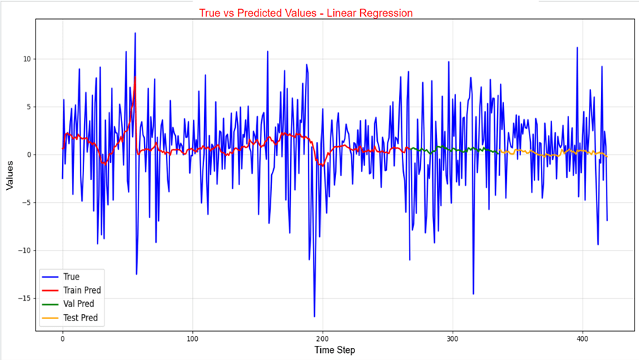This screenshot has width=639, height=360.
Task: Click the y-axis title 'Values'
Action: (x=10, y=174)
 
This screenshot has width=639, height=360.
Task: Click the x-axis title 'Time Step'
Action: (x=335, y=350)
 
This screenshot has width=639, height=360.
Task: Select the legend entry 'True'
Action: (x=71, y=277)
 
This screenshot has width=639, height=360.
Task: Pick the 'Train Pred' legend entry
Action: (x=81, y=290)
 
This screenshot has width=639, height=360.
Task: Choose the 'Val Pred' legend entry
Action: (x=78, y=304)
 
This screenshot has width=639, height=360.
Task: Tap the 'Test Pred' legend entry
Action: (x=80, y=318)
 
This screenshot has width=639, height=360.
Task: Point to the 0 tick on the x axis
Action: (x=62, y=338)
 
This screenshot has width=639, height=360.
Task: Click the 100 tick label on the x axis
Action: (x=193, y=338)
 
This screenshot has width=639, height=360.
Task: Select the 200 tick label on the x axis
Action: (x=323, y=338)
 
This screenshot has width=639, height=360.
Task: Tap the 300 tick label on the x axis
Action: (x=453, y=338)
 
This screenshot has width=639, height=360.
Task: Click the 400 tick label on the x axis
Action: (x=583, y=338)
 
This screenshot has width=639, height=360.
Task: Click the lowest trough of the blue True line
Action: (x=314, y=316)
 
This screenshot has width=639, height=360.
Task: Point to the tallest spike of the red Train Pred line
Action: (x=135, y=77)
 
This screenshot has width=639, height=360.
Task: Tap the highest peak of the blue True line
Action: (x=135, y=33)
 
